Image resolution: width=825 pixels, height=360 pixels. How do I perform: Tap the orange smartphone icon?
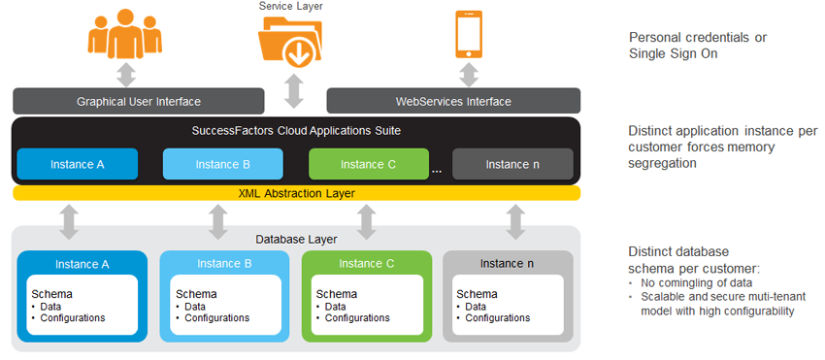[469, 34]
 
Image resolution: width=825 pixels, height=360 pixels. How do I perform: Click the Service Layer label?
[290, 7]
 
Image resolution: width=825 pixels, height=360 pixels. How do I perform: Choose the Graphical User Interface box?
[139, 101]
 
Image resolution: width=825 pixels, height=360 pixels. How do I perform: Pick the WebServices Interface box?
[453, 101]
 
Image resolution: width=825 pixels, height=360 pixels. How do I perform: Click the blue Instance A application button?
[78, 164]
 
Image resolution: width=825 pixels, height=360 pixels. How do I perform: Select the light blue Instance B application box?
[223, 164]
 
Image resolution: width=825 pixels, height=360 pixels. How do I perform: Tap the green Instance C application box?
[369, 164]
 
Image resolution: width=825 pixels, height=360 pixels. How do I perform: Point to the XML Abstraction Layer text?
[296, 193]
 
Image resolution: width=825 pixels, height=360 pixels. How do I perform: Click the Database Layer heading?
[296, 238]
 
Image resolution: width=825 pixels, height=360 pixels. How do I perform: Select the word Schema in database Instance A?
[51, 294]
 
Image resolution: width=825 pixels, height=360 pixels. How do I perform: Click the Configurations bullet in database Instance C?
[355, 318]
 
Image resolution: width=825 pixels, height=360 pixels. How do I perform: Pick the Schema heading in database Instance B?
[196, 294]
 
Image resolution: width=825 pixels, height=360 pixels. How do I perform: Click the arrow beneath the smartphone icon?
[469, 74]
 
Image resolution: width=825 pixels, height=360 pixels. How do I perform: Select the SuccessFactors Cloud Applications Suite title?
[296, 129]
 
